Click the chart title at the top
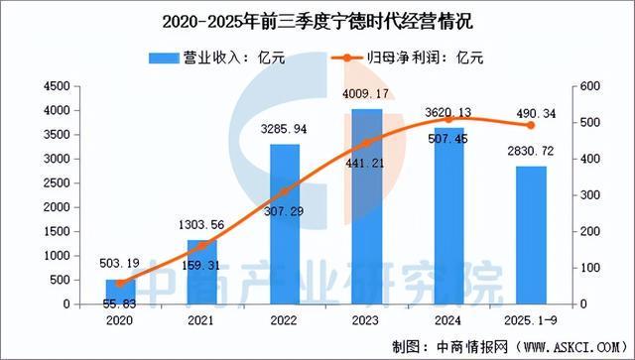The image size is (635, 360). click(317, 17)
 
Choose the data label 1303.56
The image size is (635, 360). click(200, 227)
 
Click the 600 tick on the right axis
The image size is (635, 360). click(588, 87)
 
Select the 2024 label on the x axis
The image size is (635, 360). click(448, 320)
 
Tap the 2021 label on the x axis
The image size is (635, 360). click(202, 320)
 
